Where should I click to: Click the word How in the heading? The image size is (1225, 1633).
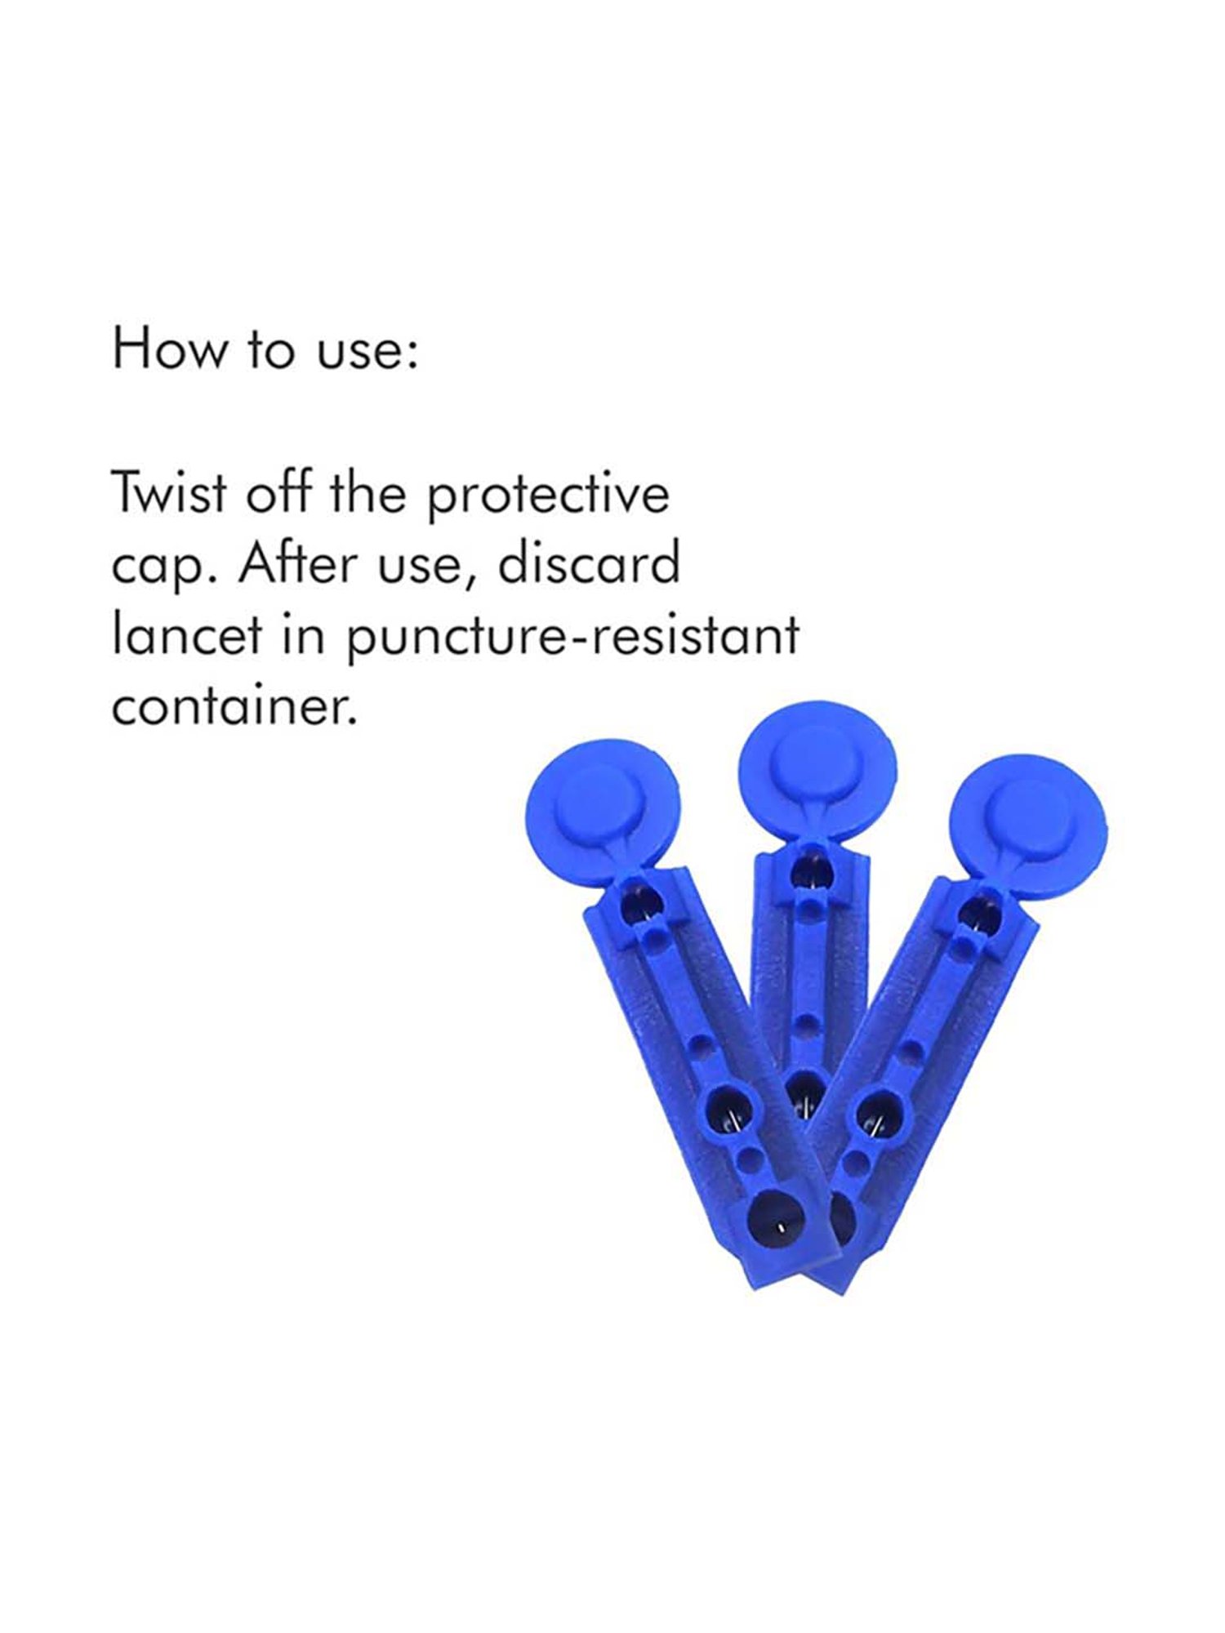167,349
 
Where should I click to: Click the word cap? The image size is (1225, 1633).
156,566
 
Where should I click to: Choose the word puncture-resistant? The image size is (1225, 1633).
572,636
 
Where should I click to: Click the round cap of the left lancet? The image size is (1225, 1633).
602,804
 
